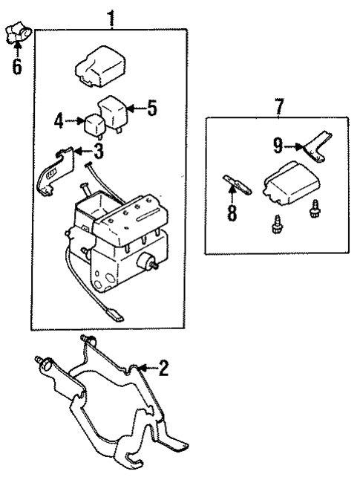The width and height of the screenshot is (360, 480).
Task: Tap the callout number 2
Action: (x=164, y=367)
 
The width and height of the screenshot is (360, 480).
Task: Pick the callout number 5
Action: (x=152, y=108)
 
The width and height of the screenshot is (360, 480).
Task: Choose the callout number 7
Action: (x=279, y=106)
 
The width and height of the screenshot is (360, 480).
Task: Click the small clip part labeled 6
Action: (x=16, y=34)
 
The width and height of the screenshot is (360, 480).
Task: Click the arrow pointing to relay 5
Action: (x=135, y=108)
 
